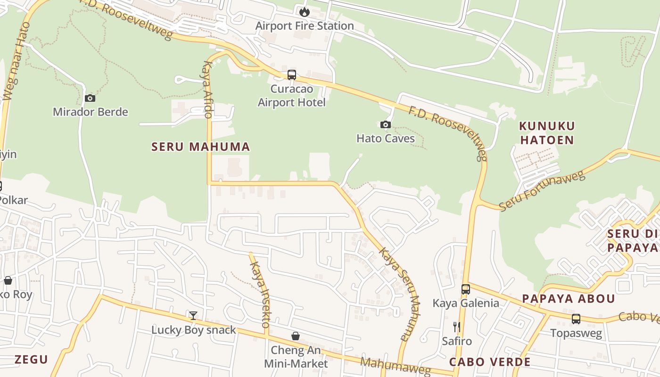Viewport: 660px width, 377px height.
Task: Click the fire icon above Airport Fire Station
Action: click(x=305, y=12)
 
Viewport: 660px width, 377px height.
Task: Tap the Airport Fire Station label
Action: click(x=305, y=25)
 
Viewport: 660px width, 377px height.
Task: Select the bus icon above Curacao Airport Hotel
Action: click(x=292, y=74)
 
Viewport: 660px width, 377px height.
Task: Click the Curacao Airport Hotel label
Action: click(x=292, y=95)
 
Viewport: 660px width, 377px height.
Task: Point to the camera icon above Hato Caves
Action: click(x=386, y=124)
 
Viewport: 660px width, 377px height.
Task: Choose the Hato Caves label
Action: click(x=386, y=138)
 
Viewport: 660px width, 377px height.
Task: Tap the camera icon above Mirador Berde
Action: click(x=90, y=98)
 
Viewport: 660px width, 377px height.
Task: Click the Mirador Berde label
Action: click(x=90, y=112)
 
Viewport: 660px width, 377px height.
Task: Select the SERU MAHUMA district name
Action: click(x=200, y=147)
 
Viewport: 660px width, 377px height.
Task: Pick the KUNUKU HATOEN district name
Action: click(x=547, y=133)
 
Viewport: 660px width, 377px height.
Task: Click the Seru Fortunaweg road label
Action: click(x=542, y=191)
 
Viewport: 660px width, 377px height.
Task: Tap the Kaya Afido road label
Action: click(x=207, y=90)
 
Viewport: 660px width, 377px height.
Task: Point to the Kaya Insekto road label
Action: click(x=260, y=295)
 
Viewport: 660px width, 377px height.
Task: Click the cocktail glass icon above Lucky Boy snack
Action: click(x=193, y=315)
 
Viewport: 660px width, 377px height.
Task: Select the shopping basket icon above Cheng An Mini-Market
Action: click(x=296, y=336)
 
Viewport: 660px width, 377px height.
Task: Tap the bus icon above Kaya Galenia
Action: click(x=466, y=289)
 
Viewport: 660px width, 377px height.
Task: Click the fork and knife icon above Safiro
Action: click(x=456, y=327)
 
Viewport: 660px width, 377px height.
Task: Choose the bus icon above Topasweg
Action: click(x=576, y=319)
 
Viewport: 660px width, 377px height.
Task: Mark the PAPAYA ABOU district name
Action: click(x=569, y=299)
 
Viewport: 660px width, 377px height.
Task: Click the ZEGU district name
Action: click(x=31, y=360)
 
